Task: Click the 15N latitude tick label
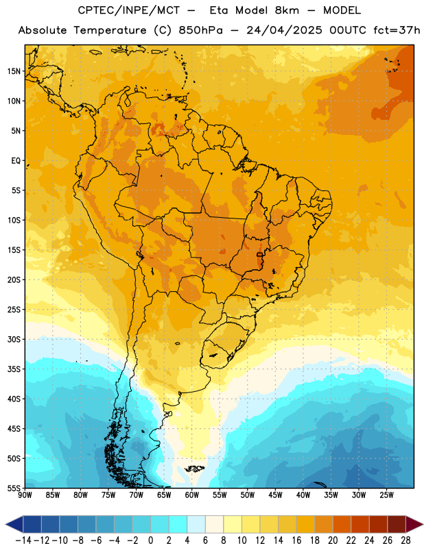click(14, 71)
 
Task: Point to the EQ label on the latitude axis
click(16, 161)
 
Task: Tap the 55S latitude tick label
click(14, 488)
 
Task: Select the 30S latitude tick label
click(14, 339)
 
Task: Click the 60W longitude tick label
click(192, 495)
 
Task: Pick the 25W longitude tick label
click(386, 495)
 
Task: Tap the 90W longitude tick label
click(25, 495)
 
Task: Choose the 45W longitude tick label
click(275, 495)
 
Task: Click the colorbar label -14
click(23, 540)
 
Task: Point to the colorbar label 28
click(405, 540)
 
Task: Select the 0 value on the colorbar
click(150, 540)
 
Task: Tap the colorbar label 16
click(296, 540)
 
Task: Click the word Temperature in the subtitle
click(110, 30)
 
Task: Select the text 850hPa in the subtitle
click(200, 30)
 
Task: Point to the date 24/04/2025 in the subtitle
click(284, 30)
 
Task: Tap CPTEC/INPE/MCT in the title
click(129, 10)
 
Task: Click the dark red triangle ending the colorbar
click(414, 524)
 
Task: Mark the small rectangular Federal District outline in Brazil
click(259, 255)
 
